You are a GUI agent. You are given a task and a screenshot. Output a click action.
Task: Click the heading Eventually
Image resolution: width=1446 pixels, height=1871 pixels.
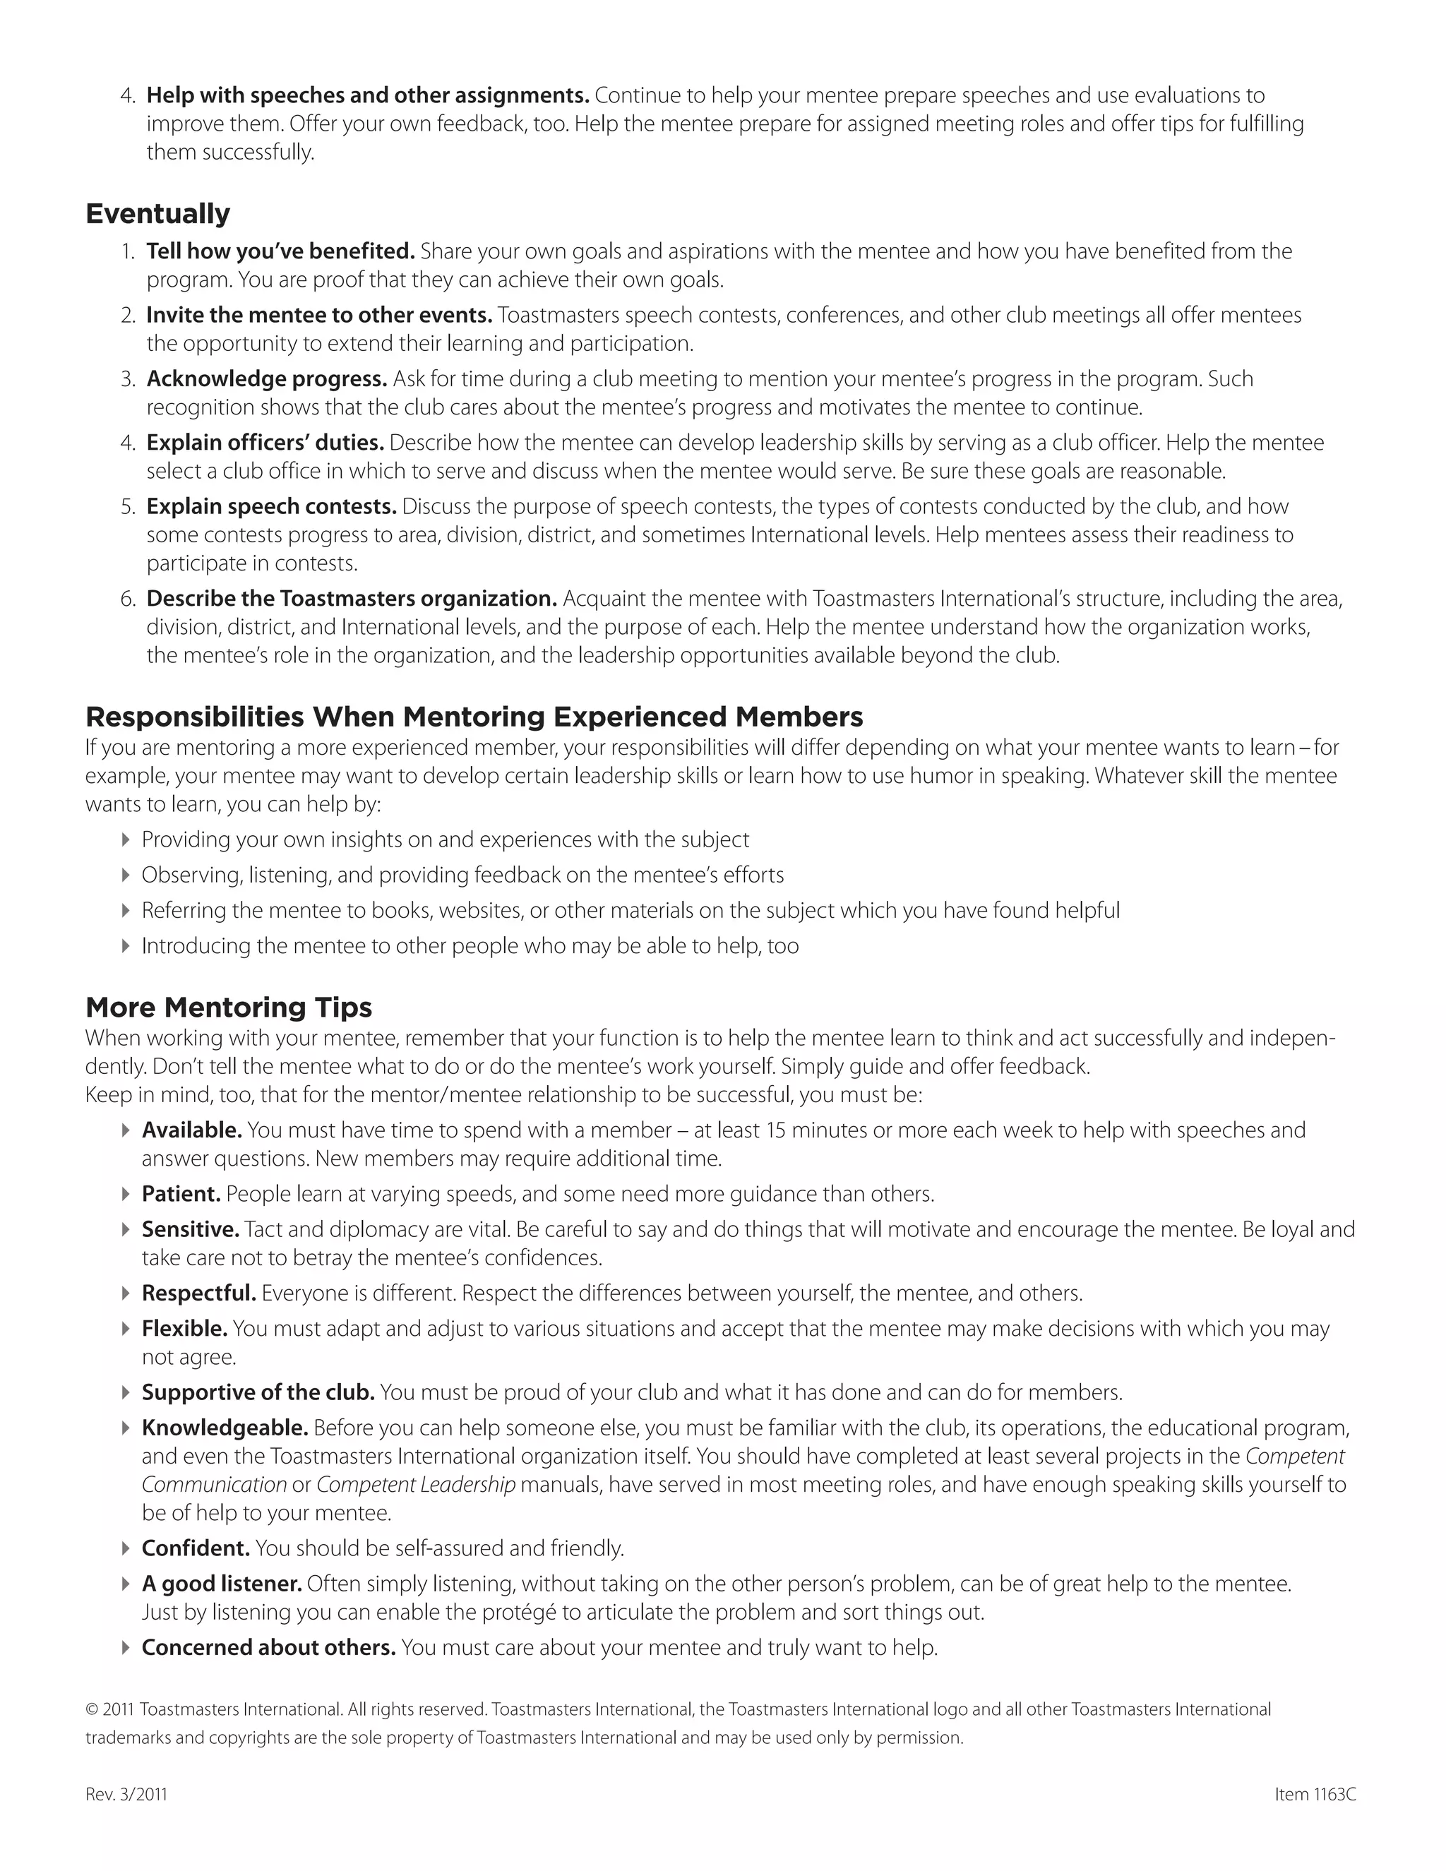click(x=157, y=213)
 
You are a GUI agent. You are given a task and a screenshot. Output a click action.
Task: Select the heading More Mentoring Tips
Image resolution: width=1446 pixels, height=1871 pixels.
click(x=229, y=1007)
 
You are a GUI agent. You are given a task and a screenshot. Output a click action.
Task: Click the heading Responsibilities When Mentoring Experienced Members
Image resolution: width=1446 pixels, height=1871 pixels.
click(x=474, y=716)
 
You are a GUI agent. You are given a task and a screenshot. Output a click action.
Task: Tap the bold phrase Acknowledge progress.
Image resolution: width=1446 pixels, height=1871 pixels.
click(x=266, y=378)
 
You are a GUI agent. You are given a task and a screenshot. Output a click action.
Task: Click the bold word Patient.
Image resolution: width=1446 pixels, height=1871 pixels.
click(x=181, y=1193)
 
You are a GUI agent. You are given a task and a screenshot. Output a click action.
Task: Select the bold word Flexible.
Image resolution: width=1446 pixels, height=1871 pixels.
click(x=184, y=1329)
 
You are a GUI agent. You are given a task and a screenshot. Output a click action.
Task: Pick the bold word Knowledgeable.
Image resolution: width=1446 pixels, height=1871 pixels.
click(x=225, y=1428)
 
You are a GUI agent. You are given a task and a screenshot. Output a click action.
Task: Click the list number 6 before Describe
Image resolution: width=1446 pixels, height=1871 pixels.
click(x=128, y=599)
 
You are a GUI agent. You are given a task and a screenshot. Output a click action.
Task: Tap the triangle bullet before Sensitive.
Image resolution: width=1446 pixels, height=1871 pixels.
click(x=126, y=1230)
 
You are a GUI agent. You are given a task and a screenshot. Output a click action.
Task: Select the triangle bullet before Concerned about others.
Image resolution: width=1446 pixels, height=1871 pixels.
click(x=126, y=1647)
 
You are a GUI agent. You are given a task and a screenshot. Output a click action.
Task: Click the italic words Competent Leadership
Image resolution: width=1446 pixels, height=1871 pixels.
click(x=415, y=1485)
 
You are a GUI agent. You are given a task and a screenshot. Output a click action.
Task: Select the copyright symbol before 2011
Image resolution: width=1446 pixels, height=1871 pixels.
click(x=92, y=1710)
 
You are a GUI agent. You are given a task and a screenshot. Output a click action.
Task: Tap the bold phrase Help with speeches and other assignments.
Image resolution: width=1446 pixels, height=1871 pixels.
click(x=366, y=95)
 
